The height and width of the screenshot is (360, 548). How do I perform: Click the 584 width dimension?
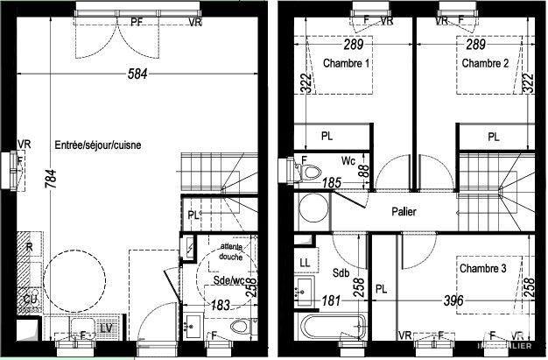(x=136, y=74)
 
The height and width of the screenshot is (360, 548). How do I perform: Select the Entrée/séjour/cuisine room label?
(x=98, y=145)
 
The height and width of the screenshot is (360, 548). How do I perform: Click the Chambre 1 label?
(x=348, y=64)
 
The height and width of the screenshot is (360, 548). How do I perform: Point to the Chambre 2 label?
(x=485, y=64)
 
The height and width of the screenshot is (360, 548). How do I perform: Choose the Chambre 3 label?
(x=483, y=268)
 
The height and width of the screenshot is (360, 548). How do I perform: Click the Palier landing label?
(x=404, y=212)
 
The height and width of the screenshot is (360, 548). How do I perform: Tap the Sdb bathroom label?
(x=341, y=272)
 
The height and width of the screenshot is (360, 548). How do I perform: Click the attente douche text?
(x=231, y=251)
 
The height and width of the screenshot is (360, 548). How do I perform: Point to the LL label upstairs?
(x=305, y=263)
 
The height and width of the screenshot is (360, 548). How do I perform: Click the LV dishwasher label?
(x=107, y=328)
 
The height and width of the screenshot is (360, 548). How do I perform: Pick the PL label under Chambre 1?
(x=327, y=137)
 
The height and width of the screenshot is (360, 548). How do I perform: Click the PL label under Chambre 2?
(x=494, y=137)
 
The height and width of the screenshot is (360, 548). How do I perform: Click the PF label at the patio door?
(x=137, y=22)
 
